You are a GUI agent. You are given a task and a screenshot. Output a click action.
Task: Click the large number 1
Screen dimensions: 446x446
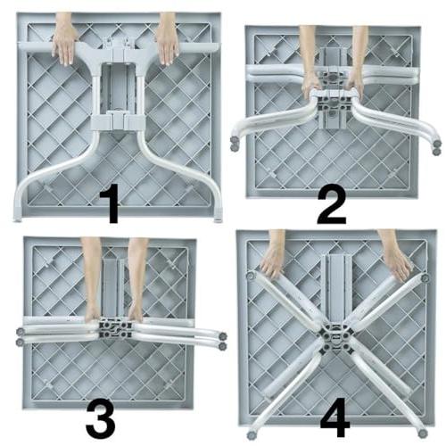110,203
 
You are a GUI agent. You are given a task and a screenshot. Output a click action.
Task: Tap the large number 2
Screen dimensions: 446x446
332,206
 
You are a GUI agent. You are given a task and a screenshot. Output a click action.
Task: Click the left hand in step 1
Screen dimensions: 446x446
64,45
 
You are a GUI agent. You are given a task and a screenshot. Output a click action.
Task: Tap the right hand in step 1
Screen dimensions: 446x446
167,45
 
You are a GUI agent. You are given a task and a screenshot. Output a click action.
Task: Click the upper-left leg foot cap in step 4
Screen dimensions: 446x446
252,276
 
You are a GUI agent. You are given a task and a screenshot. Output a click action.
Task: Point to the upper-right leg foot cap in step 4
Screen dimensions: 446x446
425,278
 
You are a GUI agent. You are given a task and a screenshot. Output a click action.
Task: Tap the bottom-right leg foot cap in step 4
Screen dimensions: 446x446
422,434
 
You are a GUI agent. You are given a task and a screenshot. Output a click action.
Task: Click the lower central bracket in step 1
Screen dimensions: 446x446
118,120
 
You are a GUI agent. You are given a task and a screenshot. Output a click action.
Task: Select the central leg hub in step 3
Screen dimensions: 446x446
115,328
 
